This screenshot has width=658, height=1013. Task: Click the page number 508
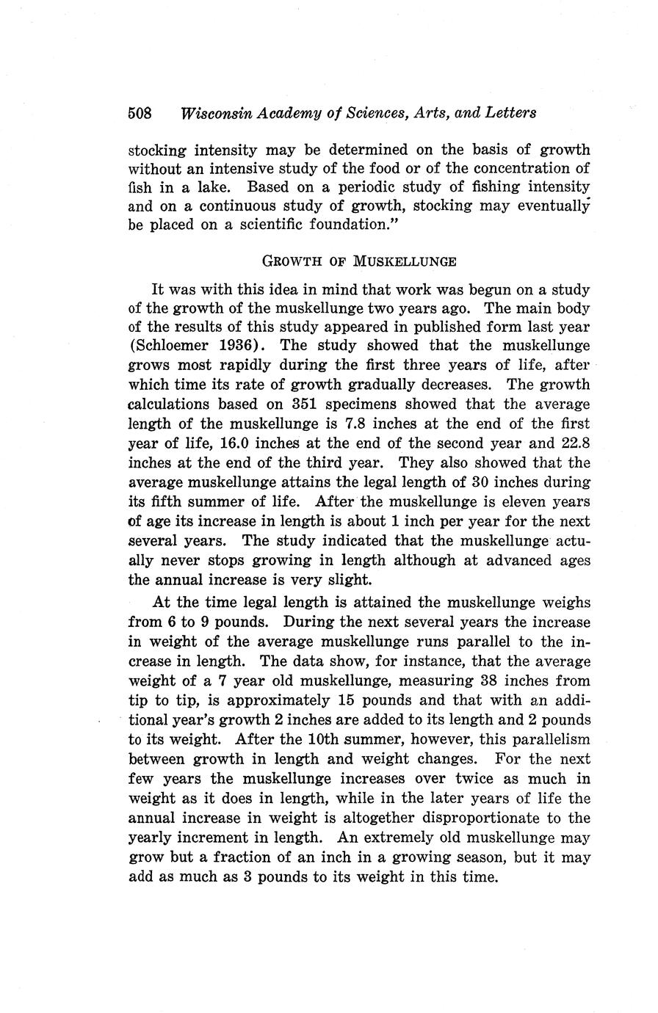pyautogui.click(x=140, y=113)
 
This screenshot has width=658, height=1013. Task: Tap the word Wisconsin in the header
pyautogui.click(x=211, y=113)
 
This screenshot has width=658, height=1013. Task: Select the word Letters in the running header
pyautogui.click(x=510, y=113)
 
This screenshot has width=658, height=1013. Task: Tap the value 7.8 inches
pyautogui.click(x=356, y=424)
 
